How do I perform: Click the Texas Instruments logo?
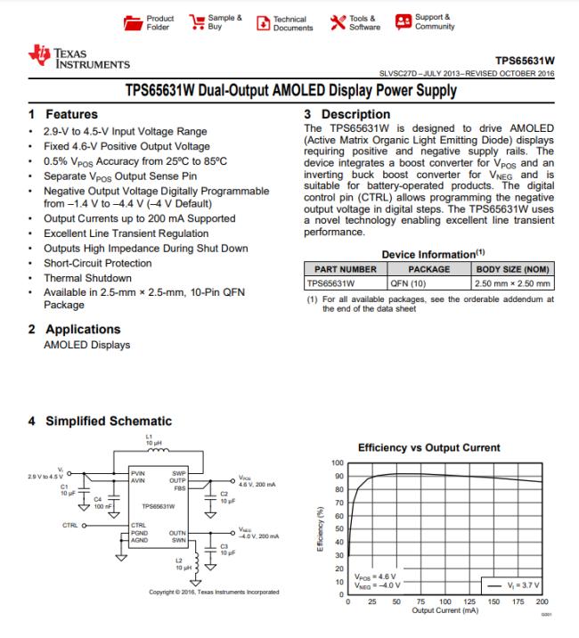79,59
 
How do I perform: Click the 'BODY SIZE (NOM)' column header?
513,268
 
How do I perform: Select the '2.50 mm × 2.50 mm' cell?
513,283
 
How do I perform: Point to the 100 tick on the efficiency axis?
338,463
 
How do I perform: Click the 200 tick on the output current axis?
542,603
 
